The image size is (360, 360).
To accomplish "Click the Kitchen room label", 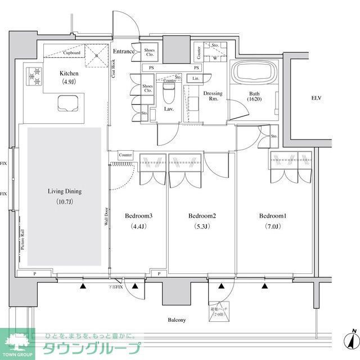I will click(x=69, y=73).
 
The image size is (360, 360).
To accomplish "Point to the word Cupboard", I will click(x=71, y=53).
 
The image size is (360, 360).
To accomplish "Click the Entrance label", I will click(x=124, y=52).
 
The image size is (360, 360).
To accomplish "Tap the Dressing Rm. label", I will click(x=213, y=97).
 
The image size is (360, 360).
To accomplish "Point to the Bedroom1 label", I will click(x=273, y=216).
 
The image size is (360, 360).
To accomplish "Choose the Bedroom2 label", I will click(x=202, y=216).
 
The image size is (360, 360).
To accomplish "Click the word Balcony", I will click(x=176, y=320).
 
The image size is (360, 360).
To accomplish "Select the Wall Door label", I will click(x=106, y=217).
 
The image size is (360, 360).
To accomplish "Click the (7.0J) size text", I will click(x=273, y=227).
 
